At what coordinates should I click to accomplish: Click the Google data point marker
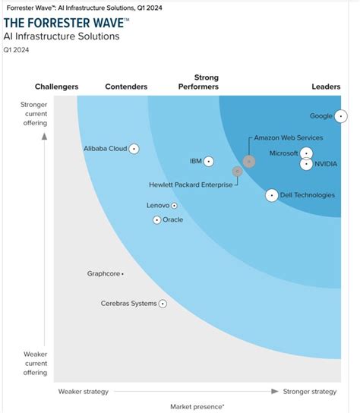[341, 116]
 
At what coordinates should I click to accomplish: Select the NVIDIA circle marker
[306, 164]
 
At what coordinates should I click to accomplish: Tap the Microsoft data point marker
[306, 153]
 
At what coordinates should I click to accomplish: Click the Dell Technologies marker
[272, 195]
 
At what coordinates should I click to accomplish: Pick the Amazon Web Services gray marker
[249, 162]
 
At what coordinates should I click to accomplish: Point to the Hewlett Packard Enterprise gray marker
[237, 172]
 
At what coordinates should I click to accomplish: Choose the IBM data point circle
[209, 161]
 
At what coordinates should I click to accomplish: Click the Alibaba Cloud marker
[134, 149]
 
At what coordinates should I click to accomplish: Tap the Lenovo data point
[174, 206]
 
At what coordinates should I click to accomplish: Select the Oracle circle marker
[157, 220]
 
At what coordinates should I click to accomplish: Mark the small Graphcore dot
[122, 273]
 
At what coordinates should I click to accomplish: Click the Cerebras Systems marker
[163, 304]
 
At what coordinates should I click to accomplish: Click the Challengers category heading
[57, 87]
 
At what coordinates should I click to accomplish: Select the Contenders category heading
[126, 87]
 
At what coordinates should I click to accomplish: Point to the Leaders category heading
[326, 87]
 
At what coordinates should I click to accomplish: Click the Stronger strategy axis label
[309, 392]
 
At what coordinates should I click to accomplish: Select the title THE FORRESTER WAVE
[65, 22]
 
